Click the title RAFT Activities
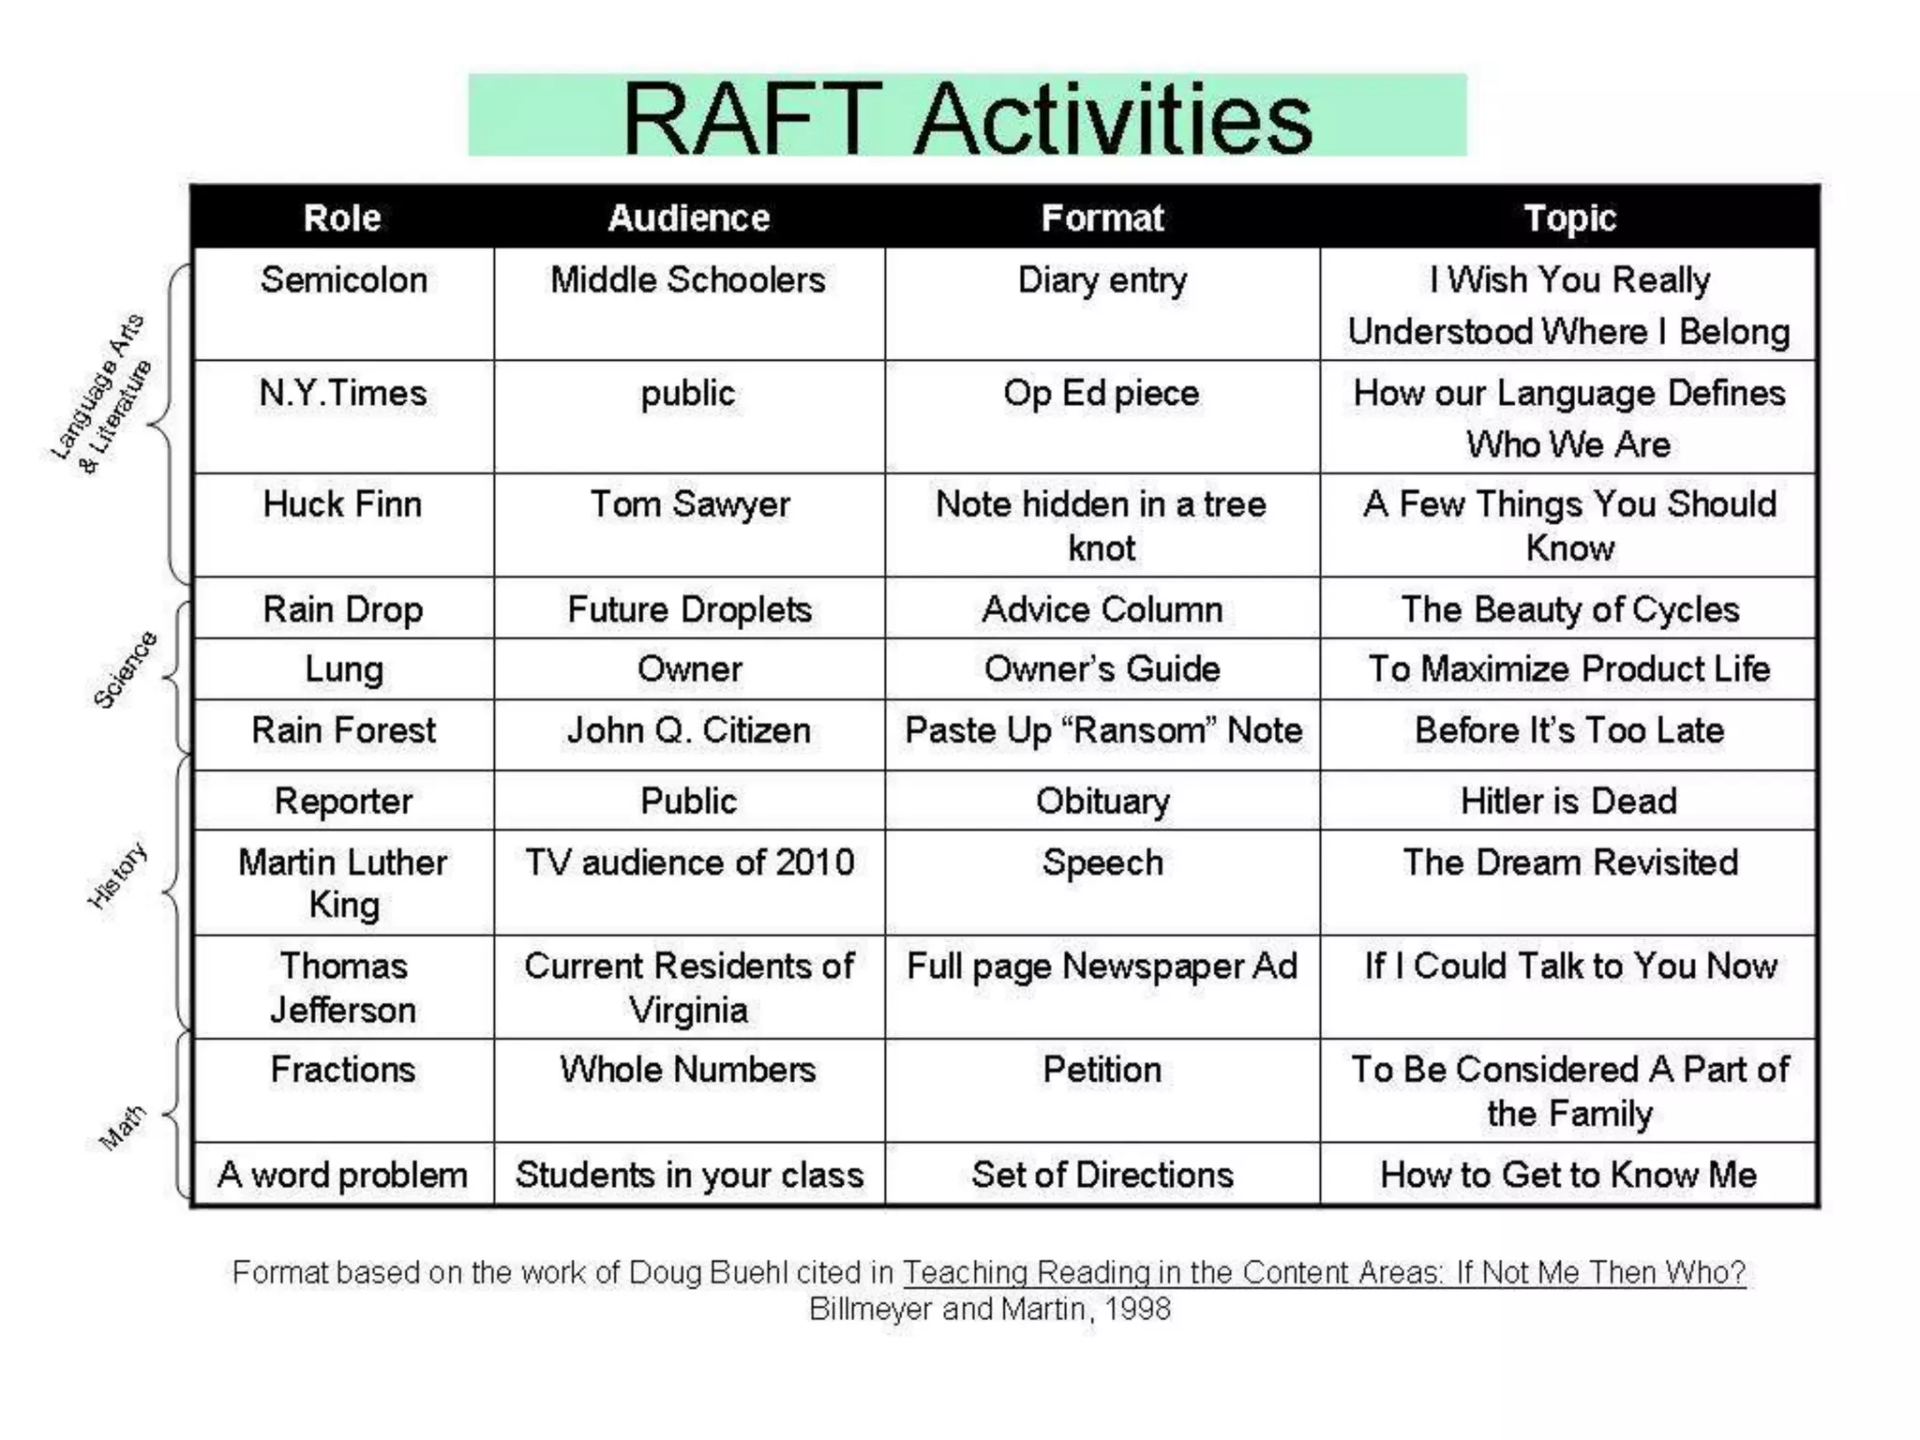coord(967,117)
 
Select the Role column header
coord(342,217)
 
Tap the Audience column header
coord(689,217)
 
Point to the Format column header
coord(1102,217)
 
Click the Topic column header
coord(1569,217)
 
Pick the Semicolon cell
coord(343,280)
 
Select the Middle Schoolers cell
coord(688,280)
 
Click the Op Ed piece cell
coord(1102,394)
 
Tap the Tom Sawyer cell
coord(689,504)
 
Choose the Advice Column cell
coord(1102,610)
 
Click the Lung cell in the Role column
coord(343,669)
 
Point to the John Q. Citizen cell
coord(689,730)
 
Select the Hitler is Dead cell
coord(1568,802)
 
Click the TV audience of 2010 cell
coord(689,862)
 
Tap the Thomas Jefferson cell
coord(343,987)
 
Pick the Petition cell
coord(1102,1070)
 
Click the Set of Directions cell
coord(1102,1175)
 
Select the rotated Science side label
coord(125,669)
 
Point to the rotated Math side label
coord(123,1127)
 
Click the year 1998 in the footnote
coord(1137,1309)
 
